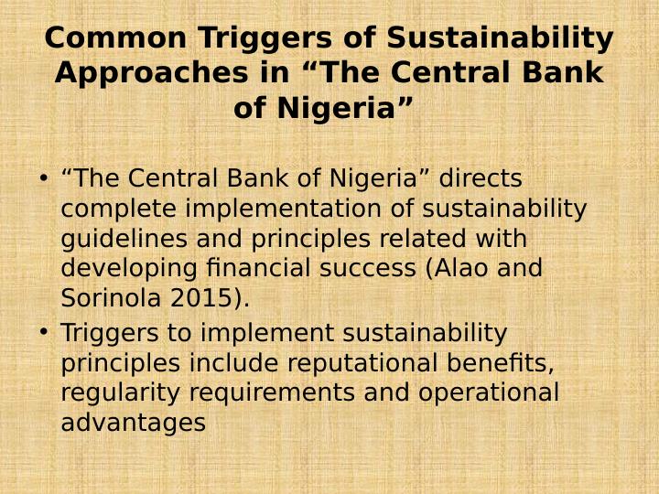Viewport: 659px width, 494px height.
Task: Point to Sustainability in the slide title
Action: coord(500,38)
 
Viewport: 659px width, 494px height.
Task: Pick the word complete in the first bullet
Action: coord(118,209)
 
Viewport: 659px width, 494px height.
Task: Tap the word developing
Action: coord(125,269)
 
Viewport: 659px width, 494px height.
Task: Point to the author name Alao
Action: coord(454,269)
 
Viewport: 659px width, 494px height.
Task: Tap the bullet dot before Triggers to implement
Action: coord(43,332)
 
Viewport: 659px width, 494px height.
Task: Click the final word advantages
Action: coord(134,424)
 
